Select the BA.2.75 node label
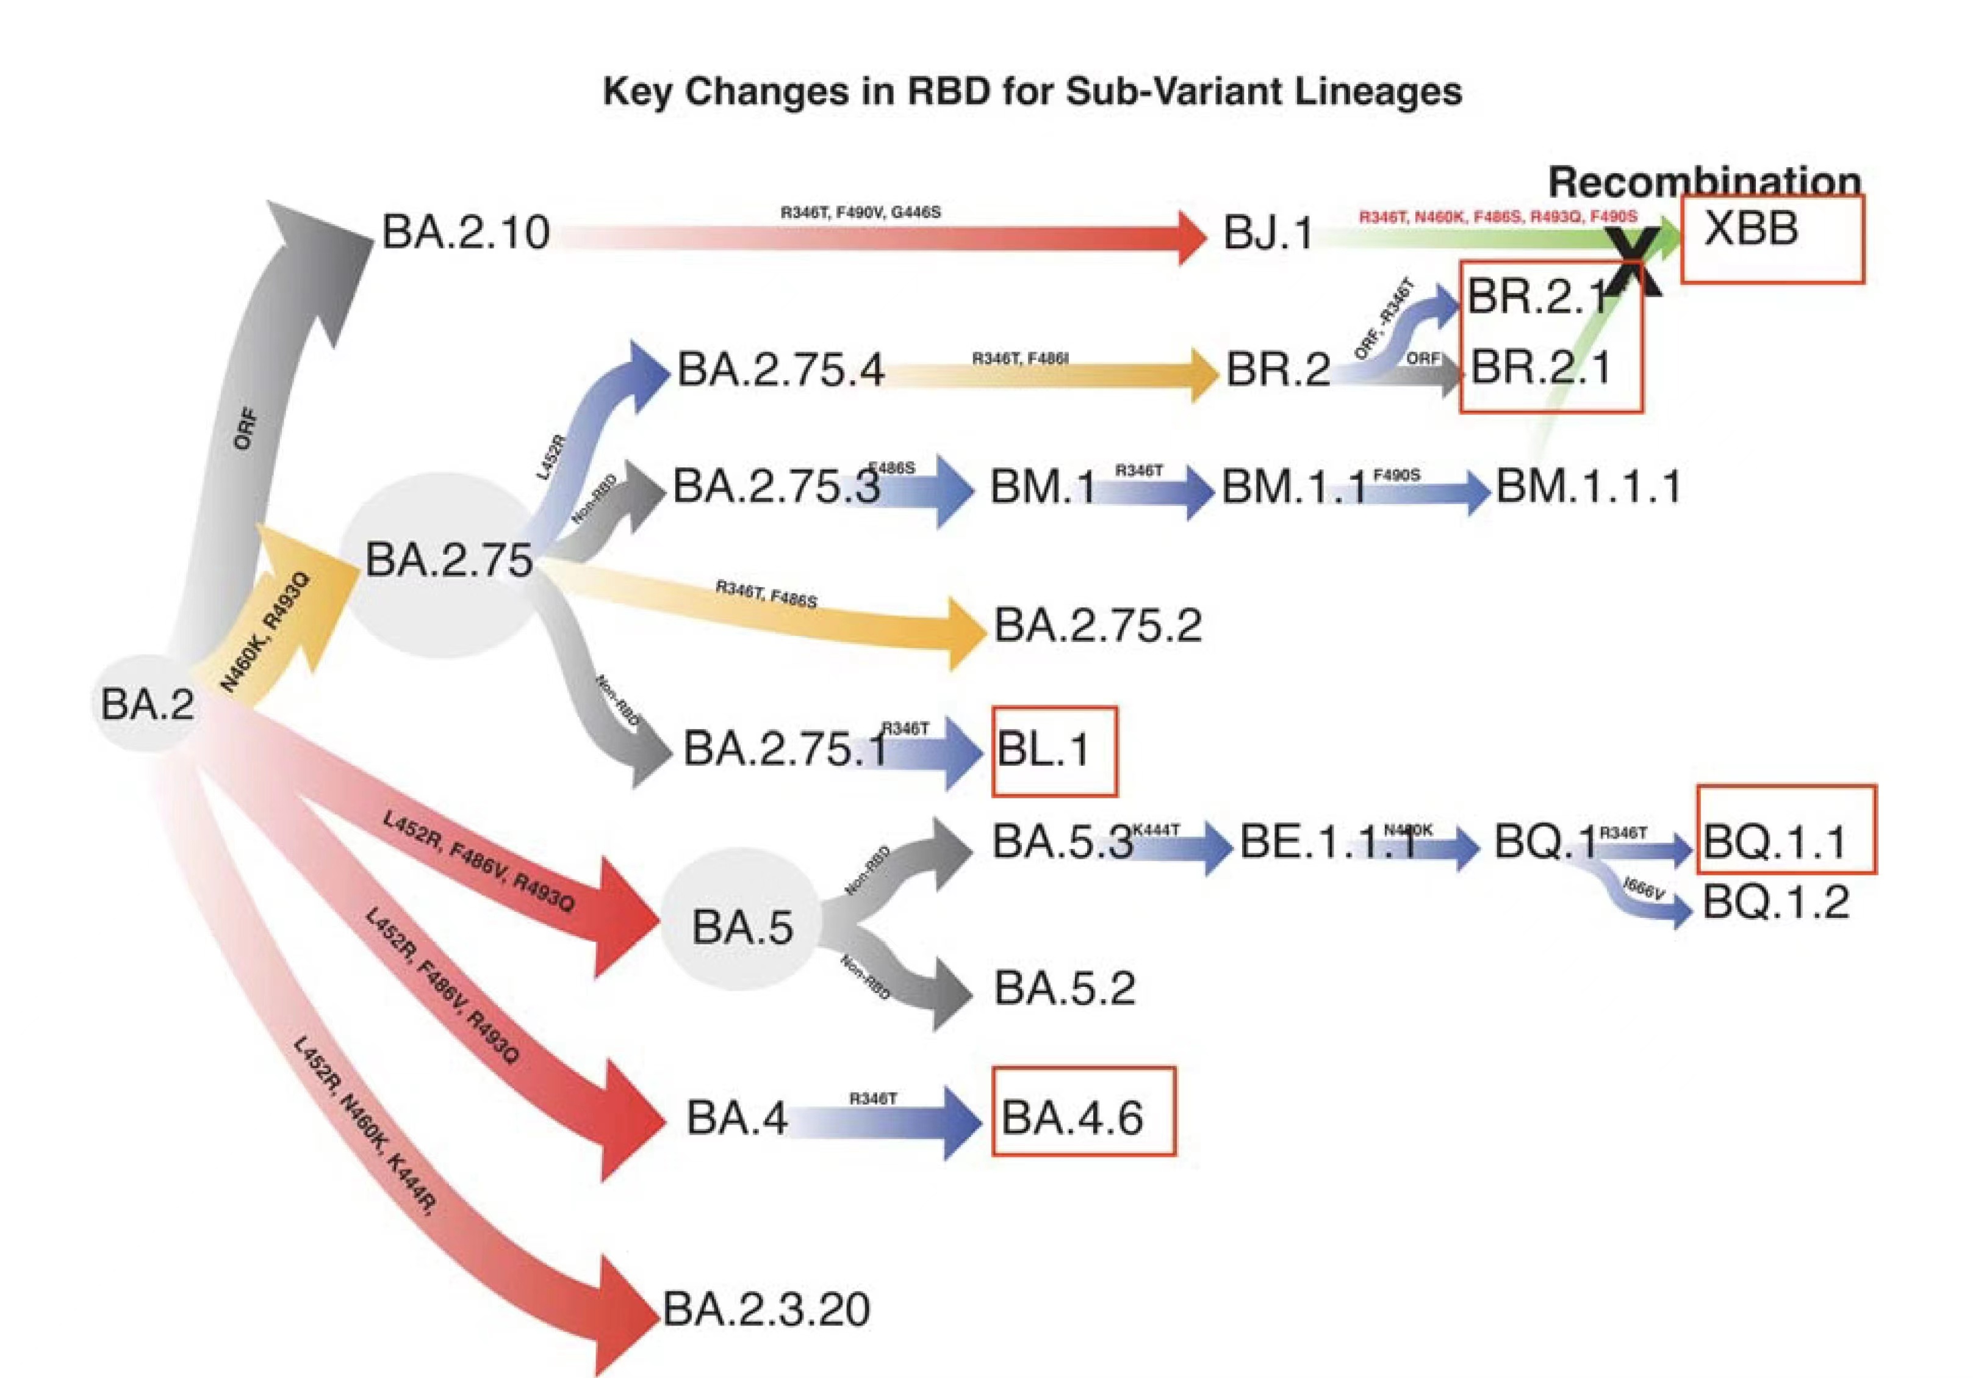tap(448, 560)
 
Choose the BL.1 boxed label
tap(1043, 751)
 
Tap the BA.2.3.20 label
tap(766, 1309)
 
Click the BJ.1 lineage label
tap(1268, 233)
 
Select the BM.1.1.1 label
tap(1588, 486)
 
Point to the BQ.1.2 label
tap(1775, 903)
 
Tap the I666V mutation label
tap(1643, 888)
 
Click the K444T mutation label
tap(1155, 829)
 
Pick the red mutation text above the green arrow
tap(1497, 217)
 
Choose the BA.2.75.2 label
tap(1098, 625)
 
